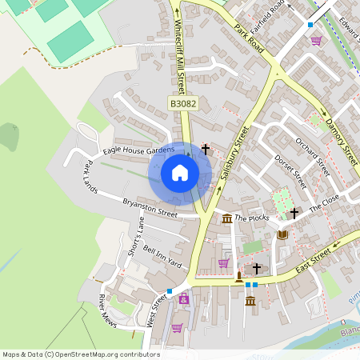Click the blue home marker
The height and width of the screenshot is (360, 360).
click(x=180, y=173)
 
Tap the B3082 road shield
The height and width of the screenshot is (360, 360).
click(x=182, y=104)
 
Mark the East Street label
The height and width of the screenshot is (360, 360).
click(x=313, y=261)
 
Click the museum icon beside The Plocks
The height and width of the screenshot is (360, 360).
click(x=227, y=219)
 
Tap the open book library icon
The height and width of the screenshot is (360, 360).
click(x=282, y=234)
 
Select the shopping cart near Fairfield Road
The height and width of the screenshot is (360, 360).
click(x=316, y=40)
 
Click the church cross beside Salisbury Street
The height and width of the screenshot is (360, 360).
click(x=206, y=149)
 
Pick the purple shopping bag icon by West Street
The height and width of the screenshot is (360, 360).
click(x=185, y=298)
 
